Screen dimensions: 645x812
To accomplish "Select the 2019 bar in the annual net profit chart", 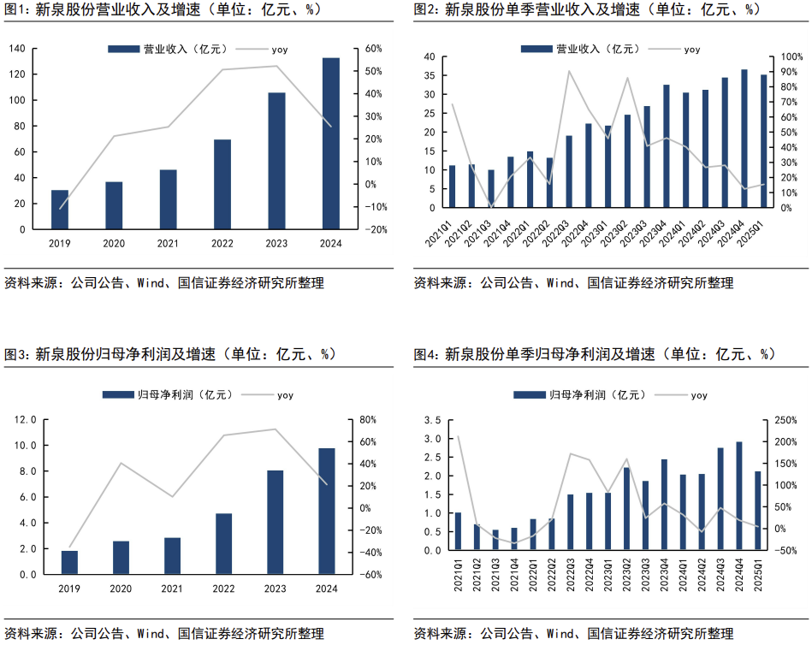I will (x=69, y=562).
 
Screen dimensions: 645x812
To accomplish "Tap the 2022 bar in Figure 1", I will (x=222, y=184).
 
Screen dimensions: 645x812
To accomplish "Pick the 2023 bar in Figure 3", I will (x=275, y=522).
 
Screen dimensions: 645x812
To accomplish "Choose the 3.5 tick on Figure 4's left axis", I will (x=432, y=421).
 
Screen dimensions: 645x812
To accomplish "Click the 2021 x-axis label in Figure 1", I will (x=168, y=244).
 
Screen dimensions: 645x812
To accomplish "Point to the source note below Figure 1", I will (x=164, y=283).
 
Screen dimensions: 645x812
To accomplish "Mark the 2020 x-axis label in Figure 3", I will (x=122, y=589).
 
